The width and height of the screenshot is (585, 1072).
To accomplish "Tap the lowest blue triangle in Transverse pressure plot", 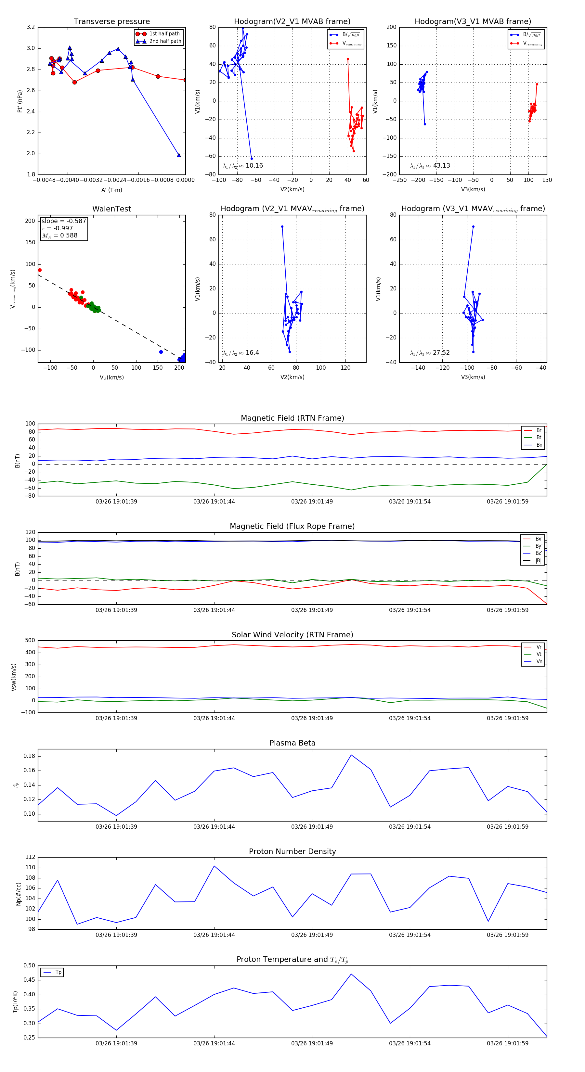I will [x=179, y=155].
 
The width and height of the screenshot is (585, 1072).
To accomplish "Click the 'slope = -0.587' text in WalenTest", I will [x=64, y=221].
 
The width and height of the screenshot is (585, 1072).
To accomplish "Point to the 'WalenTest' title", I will [x=111, y=209].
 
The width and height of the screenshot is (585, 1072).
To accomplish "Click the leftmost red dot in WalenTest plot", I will [x=40, y=270].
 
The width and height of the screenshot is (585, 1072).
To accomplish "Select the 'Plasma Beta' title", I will [x=292, y=743].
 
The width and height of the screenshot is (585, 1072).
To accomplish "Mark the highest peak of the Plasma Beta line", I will [x=351, y=755].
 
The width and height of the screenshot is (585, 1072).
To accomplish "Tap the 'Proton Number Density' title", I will [x=292, y=851].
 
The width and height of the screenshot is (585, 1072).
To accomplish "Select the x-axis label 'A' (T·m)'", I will [x=111, y=190].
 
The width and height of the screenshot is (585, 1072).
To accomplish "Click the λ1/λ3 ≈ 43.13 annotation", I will [x=430, y=166].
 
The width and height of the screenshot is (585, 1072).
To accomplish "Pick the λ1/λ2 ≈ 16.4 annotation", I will [x=240, y=353].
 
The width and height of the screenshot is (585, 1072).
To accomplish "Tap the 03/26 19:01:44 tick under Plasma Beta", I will [x=214, y=826].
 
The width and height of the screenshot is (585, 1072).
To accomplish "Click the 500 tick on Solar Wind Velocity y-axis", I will [x=30, y=641].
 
